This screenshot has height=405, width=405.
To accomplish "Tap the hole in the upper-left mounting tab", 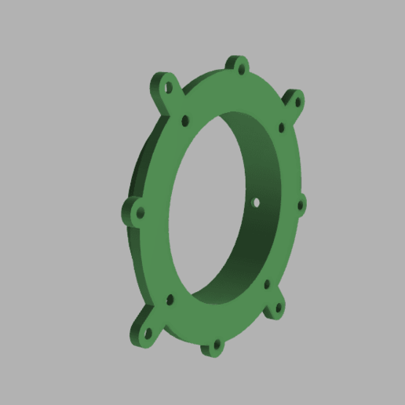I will [x=166, y=87].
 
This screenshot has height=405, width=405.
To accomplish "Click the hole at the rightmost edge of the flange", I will [x=301, y=206].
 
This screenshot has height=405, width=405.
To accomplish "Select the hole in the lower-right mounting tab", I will [x=277, y=308].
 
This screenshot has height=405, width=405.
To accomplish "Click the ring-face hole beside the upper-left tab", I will [x=185, y=122].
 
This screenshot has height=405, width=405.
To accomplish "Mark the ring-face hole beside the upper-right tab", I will [x=281, y=126].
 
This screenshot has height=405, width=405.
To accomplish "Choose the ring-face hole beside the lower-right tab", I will [x=267, y=283].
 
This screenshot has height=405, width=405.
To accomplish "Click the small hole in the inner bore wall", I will [x=256, y=202].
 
